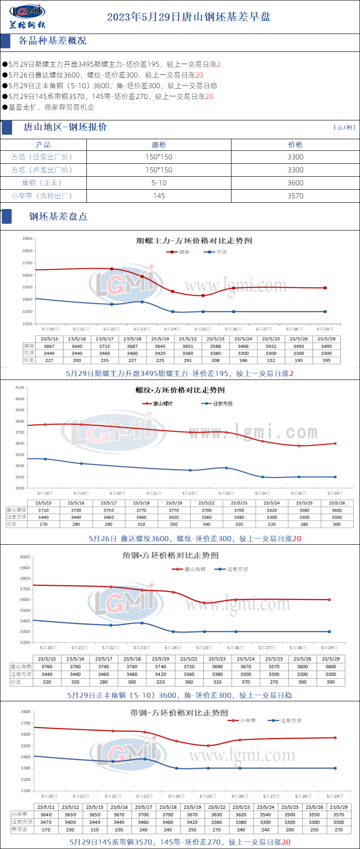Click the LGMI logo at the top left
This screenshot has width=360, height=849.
tap(27, 16)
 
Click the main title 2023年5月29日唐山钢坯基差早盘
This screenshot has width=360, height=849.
tap(189, 17)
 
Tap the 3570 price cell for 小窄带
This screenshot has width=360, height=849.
tap(295, 196)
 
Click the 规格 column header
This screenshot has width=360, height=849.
tap(159, 145)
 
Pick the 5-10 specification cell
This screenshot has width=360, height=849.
tap(159, 183)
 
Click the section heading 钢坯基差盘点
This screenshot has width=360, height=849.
tap(58, 217)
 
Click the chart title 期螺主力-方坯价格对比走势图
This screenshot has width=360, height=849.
tap(194, 241)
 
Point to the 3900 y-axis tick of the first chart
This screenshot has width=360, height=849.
tap(27, 239)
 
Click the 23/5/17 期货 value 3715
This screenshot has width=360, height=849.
tap(105, 346)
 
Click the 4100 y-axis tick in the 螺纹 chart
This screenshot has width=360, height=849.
tap(20, 388)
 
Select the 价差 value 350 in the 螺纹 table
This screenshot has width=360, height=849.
tap(174, 524)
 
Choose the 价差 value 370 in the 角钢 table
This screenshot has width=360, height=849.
tap(246, 682)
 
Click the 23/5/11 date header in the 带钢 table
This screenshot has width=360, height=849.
tap(46, 807)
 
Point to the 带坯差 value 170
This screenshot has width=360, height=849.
tap(46, 829)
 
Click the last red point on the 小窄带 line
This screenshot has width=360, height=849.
tap(335, 738)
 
